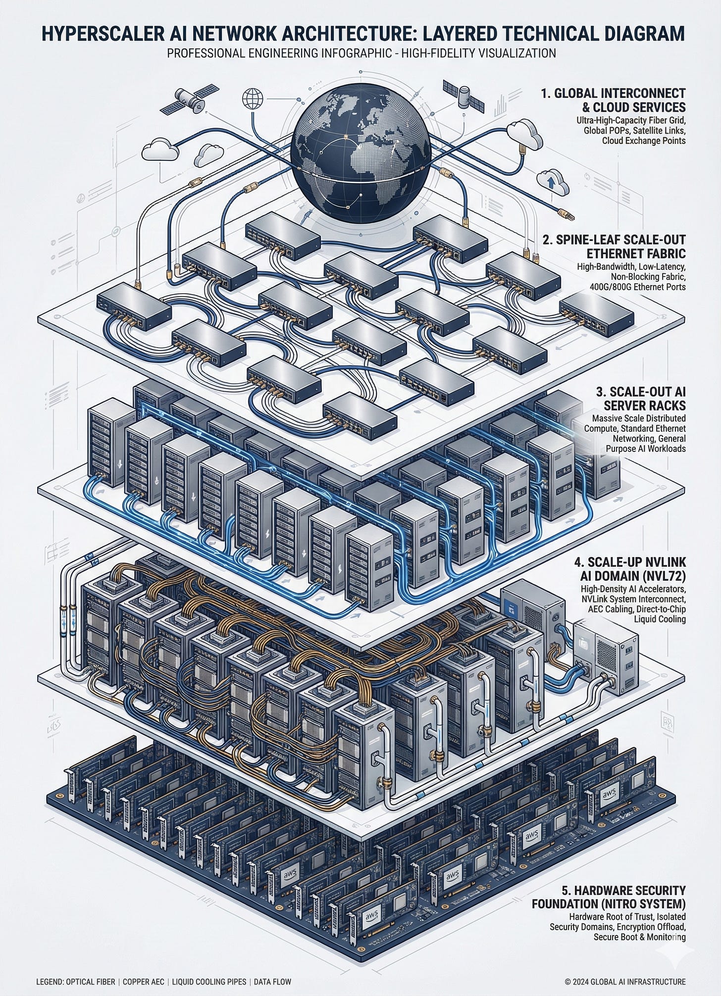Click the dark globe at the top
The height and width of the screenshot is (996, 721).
coord(361,151)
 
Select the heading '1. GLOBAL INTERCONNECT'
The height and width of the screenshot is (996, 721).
coord(613,93)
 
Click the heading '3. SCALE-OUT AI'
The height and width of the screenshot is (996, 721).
coord(641,392)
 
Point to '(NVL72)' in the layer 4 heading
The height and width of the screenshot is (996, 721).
coord(659,576)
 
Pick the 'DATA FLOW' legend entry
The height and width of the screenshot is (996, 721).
coord(272,981)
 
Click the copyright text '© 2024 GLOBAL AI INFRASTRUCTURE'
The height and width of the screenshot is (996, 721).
coord(625,981)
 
